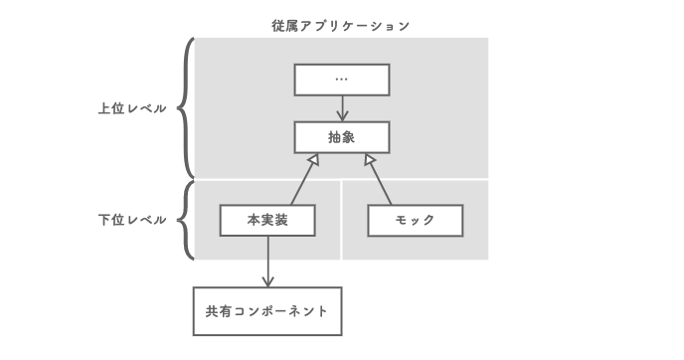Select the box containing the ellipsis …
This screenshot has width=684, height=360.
coord(341,80)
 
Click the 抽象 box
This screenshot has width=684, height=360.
coord(341,137)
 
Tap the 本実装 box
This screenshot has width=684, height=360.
coord(267,220)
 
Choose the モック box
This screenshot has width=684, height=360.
coord(415,220)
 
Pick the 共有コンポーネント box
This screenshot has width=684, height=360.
coord(266,311)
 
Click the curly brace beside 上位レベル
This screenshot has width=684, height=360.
coord(186,107)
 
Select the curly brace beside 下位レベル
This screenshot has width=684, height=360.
coord(186,219)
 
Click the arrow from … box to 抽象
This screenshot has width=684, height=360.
coord(341,107)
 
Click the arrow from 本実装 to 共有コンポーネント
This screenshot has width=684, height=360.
coord(267,261)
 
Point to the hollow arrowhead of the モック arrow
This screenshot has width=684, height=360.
coord(369,160)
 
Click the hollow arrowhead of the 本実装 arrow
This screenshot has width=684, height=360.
coord(311,160)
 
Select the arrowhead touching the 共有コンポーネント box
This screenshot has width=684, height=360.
coord(267,280)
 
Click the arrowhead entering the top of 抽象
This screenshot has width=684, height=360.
coord(341,115)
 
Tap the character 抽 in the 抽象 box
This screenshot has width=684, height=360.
coord(333,137)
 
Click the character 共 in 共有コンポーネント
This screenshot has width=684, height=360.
coord(212,311)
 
